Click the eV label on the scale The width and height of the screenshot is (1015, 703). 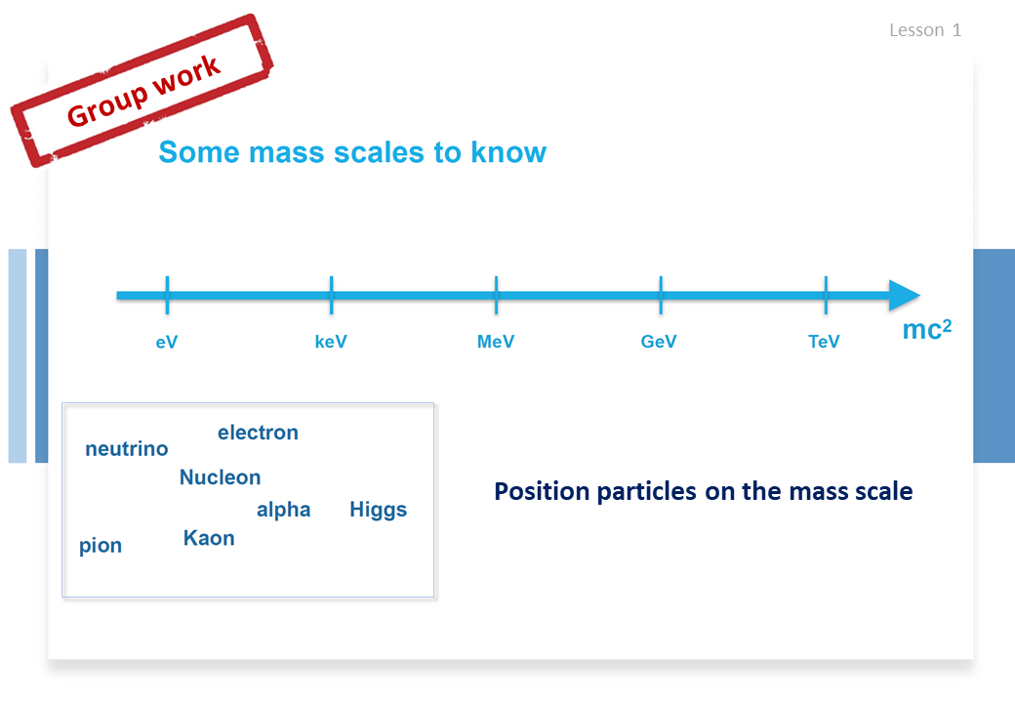point(166,342)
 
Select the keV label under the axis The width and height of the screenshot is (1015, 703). point(331,342)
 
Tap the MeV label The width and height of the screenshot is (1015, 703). point(496,342)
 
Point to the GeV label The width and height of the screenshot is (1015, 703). point(659,342)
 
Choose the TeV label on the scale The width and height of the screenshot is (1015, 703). point(824,342)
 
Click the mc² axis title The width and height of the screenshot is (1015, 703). point(927,329)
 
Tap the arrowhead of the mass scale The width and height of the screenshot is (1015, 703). point(905,295)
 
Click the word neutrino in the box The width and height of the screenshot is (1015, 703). point(127,448)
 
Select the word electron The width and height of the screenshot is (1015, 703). point(259,433)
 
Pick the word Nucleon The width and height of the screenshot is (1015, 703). point(221,477)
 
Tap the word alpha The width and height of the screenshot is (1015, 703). point(284,510)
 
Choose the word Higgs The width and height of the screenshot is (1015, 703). point(379,510)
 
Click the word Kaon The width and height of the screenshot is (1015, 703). point(209,538)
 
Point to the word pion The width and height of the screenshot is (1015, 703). point(101,546)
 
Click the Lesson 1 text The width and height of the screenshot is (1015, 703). point(925,30)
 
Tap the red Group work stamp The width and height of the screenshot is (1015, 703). point(142,91)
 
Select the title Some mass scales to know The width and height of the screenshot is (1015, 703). point(352,152)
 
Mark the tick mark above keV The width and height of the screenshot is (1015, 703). point(332,295)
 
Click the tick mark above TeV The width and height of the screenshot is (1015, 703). point(826,295)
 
